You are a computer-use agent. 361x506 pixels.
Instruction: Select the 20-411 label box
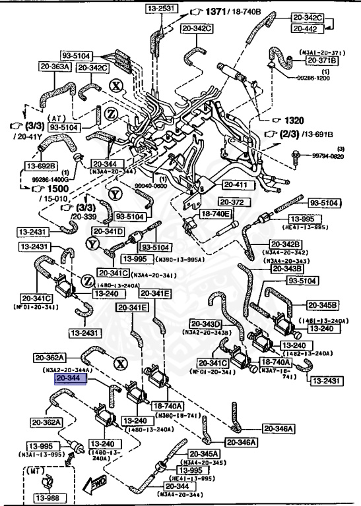[237, 184]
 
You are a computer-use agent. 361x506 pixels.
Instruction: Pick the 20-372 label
[232, 202]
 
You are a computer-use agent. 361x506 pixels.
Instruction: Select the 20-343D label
[206, 323]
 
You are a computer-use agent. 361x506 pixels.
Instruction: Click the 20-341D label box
[108, 231]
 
